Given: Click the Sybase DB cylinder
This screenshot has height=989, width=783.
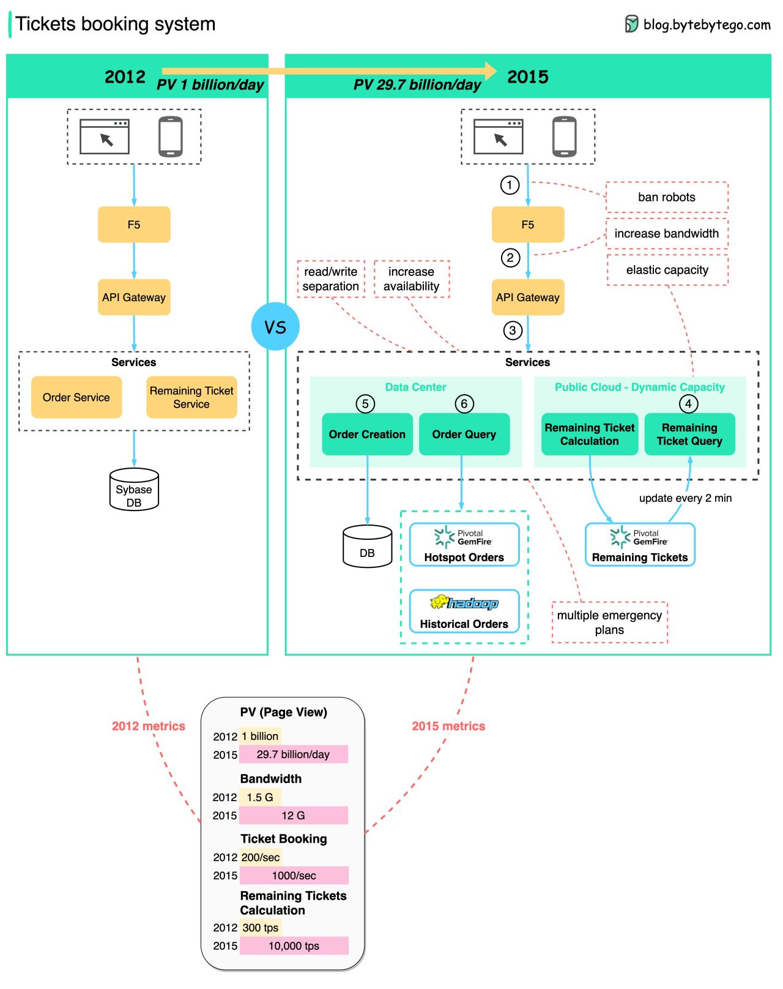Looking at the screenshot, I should click(x=134, y=490).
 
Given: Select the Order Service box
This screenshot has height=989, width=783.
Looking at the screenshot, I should click(x=76, y=397).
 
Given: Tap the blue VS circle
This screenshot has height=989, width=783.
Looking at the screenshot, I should click(x=275, y=327).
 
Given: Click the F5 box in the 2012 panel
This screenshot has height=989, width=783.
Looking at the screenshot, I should click(x=134, y=225).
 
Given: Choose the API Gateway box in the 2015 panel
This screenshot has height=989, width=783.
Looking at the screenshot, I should click(x=527, y=297).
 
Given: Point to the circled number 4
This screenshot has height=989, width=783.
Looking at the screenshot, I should click(x=688, y=404).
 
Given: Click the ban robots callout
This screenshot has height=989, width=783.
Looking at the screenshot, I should click(x=667, y=197).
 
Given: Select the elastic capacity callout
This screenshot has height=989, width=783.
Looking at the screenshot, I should click(x=667, y=270).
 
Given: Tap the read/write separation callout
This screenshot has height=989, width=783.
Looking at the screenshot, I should click(x=331, y=279).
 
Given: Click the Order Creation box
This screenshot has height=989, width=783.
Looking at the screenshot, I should click(x=367, y=434).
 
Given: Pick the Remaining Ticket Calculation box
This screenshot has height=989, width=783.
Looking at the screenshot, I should click(x=590, y=434).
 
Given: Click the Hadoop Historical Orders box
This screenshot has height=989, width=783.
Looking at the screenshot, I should click(x=464, y=611).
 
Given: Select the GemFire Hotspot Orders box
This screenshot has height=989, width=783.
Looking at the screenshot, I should click(x=464, y=545).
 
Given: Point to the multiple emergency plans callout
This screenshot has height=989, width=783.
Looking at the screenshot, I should click(x=609, y=622).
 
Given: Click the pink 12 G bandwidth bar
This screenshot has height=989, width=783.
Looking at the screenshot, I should click(x=293, y=815).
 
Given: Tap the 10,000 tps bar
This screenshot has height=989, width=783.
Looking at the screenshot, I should click(x=294, y=946).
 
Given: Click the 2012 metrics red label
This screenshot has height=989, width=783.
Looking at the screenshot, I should click(x=148, y=726).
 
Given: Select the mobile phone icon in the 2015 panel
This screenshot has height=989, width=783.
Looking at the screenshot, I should click(x=564, y=136).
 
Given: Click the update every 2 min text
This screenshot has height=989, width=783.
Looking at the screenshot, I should click(x=685, y=498).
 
